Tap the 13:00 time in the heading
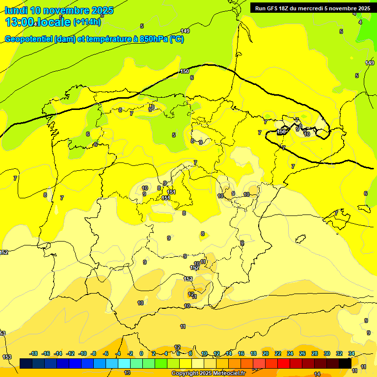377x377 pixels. click(x=20, y=22)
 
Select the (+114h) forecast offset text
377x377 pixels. click(x=86, y=22)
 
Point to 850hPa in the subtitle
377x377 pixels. click(x=153, y=39)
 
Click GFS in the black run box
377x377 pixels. click(x=274, y=8)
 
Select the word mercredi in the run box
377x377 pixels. click(x=316, y=8)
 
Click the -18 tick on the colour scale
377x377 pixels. click(x=33, y=353)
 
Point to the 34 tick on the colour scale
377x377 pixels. click(x=351, y=353)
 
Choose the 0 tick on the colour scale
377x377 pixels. click(x=141, y=353)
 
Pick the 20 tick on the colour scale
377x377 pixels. click(x=266, y=353)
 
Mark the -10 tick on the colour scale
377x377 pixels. click(x=82, y=353)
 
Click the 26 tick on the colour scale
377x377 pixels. click(x=302, y=353)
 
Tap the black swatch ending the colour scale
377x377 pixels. click(x=345, y=363)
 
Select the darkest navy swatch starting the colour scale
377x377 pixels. click(x=26, y=363)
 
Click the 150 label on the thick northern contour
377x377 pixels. click(x=185, y=71)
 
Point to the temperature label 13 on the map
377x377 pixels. click(x=127, y=373)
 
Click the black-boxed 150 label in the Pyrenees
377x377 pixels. click(x=281, y=132)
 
